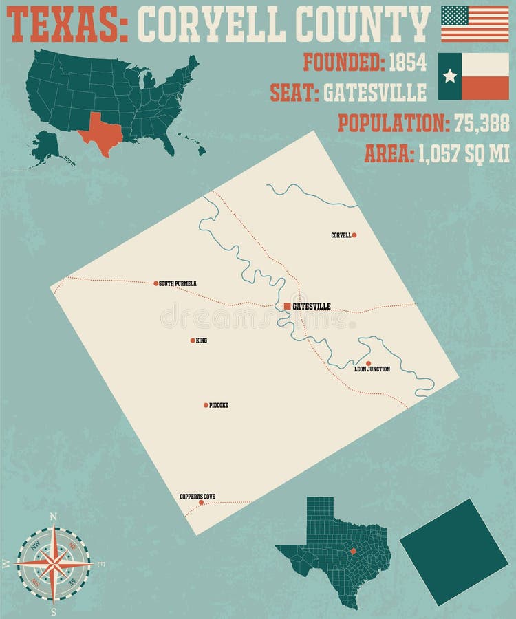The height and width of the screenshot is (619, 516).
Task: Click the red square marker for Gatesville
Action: [x=287, y=306]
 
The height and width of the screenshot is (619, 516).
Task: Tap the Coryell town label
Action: [x=341, y=235]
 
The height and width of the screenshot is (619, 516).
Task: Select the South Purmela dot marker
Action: [x=156, y=283]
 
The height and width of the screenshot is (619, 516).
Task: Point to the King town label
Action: [x=202, y=340]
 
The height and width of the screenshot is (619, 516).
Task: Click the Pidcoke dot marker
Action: [x=206, y=405]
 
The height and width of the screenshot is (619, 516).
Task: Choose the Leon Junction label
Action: [x=372, y=369]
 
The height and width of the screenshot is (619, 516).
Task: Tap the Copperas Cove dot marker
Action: [x=201, y=502]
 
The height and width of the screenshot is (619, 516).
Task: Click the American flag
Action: [x=475, y=23]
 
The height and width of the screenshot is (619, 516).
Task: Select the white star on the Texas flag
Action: [x=450, y=76]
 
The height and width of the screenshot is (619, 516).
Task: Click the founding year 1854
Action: [x=408, y=63]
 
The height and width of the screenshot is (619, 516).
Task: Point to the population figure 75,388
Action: [x=482, y=123]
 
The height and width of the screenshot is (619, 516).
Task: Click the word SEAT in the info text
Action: [x=292, y=92]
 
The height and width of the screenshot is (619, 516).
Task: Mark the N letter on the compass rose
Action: [x=54, y=517]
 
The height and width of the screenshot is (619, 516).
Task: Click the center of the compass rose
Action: [x=54, y=563]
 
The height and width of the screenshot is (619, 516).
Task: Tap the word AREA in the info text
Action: [x=388, y=153]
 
